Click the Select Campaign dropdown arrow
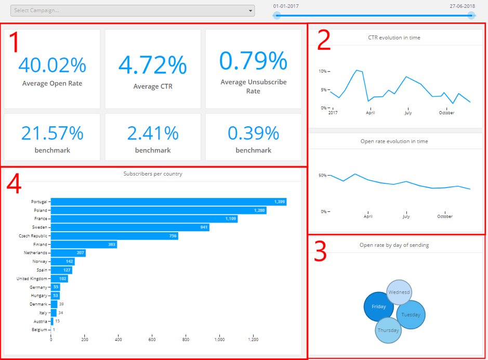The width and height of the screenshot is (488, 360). click(250, 11)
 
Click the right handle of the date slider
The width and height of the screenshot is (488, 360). click(471, 16)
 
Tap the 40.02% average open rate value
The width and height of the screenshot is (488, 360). click(52, 65)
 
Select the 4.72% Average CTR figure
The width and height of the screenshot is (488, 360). click(153, 65)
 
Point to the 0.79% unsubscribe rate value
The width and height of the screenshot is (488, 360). click(253, 61)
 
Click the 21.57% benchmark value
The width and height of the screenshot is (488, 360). click(52, 134)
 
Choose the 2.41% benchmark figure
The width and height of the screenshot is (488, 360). click(153, 134)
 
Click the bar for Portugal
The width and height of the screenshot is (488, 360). click(168, 202)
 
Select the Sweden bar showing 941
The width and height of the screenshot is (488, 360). click(130, 228)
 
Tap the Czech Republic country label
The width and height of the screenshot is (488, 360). click(32, 236)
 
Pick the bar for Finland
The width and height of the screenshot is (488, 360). click(83, 245)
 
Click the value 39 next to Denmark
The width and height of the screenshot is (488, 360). click(61, 304)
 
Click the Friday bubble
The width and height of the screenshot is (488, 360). click(378, 306)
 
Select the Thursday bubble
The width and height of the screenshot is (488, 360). click(388, 330)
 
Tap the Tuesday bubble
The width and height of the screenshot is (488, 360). click(411, 315)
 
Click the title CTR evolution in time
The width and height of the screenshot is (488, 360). click(398, 38)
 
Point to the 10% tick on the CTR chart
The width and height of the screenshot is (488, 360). click(323, 71)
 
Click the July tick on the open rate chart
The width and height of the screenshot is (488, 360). click(406, 216)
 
